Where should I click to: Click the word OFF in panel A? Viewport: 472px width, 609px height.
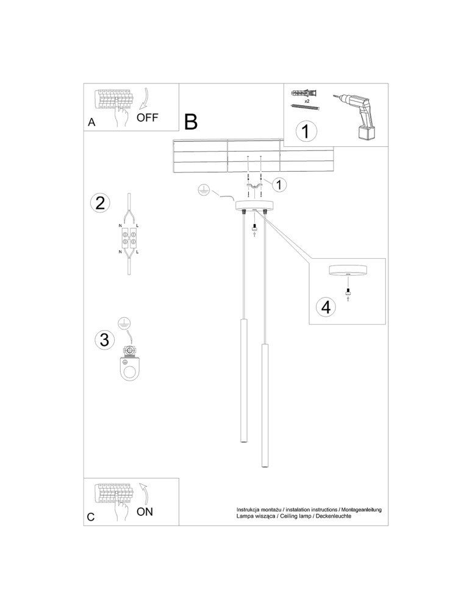[148, 118]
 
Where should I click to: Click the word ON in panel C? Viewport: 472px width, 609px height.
[145, 512]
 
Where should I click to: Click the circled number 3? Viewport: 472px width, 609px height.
[104, 339]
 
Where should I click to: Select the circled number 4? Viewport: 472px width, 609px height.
[327, 307]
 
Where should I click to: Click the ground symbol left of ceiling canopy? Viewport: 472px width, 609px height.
[204, 192]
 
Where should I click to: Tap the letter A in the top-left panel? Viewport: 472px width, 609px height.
[91, 122]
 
